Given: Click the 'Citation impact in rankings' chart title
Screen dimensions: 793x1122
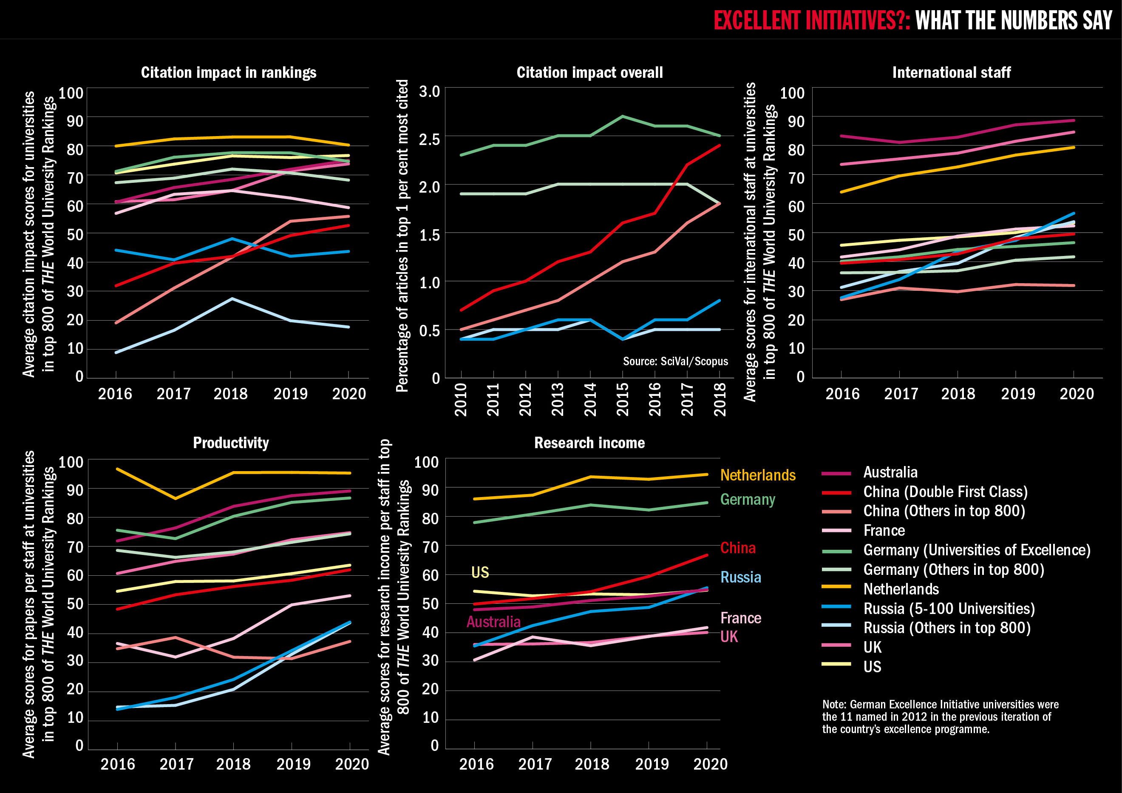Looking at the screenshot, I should coord(228,72).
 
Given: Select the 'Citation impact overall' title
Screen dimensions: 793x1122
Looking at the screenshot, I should coord(589,72).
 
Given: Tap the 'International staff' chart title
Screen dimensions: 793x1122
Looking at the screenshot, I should coord(951,72).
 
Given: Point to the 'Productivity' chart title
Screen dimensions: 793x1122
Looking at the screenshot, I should coord(231,443).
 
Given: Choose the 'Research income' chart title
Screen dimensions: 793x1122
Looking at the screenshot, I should coord(589,443).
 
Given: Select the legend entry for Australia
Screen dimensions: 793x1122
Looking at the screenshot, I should coord(890,472).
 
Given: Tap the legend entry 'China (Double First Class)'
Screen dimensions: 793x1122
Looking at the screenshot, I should coord(945,492).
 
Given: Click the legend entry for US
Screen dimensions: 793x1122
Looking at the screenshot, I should coord(872,666).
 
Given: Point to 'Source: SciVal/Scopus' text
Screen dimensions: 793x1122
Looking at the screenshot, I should coord(675,361).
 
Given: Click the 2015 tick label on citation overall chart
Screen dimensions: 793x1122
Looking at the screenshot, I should coord(622,399).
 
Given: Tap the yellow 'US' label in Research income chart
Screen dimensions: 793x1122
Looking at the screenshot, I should coord(480,572).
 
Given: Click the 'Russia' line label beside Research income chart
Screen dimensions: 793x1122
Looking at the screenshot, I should coord(740,577).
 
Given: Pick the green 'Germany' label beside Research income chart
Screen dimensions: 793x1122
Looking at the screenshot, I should coord(747,499).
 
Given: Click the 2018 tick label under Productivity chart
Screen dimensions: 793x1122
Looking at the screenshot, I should coord(233,764).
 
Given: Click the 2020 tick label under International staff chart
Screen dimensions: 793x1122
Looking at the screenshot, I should coord(1076,394).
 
